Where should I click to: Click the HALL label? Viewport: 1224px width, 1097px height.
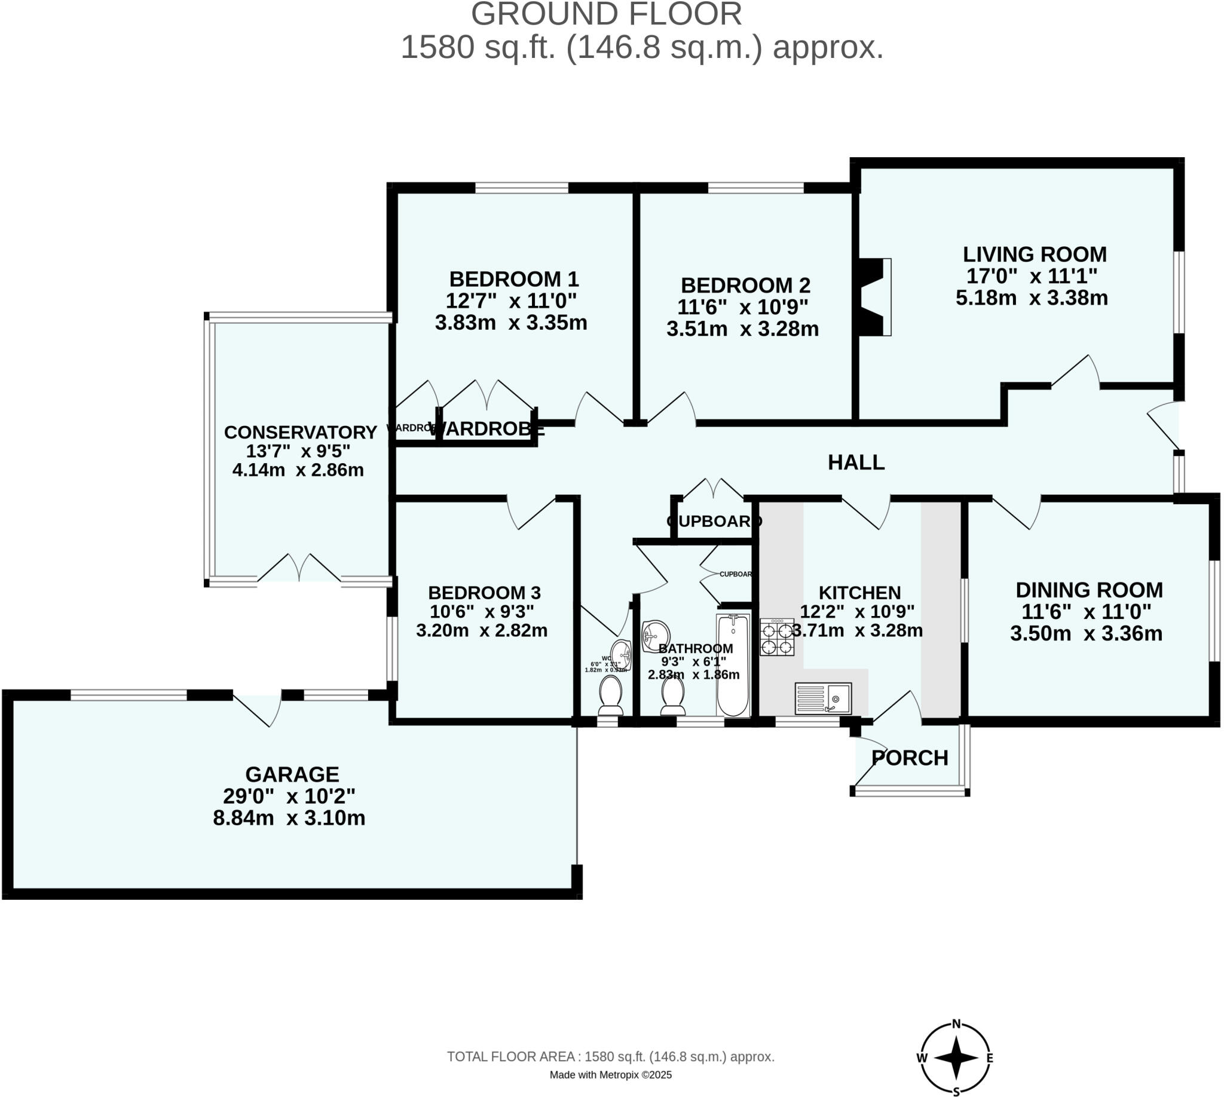click(x=856, y=462)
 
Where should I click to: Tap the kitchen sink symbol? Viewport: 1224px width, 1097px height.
click(x=822, y=698)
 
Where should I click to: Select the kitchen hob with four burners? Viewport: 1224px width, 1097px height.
click(x=776, y=638)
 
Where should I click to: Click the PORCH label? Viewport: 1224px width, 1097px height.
click(x=909, y=758)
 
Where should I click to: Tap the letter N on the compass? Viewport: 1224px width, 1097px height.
click(x=956, y=1024)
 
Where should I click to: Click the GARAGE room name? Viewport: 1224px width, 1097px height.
click(x=292, y=774)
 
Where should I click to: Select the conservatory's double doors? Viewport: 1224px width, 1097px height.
click(x=299, y=568)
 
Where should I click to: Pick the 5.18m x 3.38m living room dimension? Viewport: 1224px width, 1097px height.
click(x=1031, y=298)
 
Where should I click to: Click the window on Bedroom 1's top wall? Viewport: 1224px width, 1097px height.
click(x=522, y=188)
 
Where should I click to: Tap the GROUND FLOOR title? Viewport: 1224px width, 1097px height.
click(x=606, y=14)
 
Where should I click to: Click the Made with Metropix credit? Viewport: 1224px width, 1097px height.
click(x=610, y=1075)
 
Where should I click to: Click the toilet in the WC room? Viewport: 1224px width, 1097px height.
click(x=610, y=693)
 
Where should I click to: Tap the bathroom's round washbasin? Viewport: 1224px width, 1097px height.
click(x=656, y=636)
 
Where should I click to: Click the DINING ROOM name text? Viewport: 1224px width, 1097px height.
click(x=1089, y=590)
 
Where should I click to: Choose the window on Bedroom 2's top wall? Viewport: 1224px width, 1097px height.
click(x=755, y=188)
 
